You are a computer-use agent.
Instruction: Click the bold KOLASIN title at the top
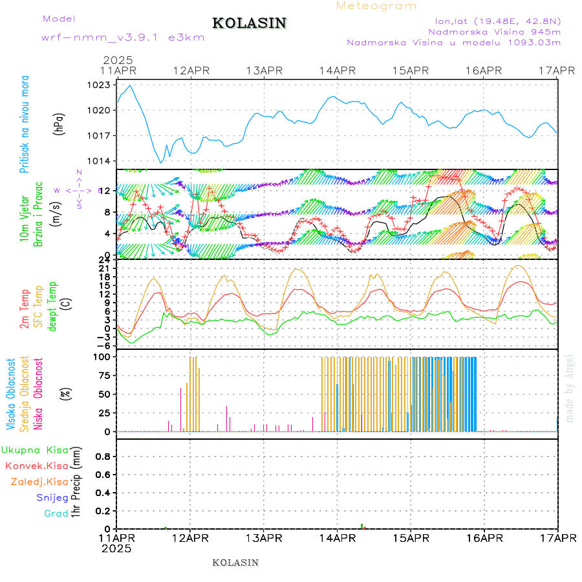point(249,23)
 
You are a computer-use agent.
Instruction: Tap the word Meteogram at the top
point(376,6)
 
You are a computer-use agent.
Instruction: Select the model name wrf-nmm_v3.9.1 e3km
point(123,37)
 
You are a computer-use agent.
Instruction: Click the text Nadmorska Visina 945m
point(494,31)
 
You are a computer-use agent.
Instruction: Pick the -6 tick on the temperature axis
point(103,345)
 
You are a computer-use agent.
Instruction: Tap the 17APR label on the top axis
point(557,70)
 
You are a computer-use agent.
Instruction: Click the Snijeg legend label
point(52,497)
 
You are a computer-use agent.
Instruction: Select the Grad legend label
point(56,513)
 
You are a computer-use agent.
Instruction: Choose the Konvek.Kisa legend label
point(36,466)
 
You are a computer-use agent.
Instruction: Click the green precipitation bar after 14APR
point(361,526)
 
